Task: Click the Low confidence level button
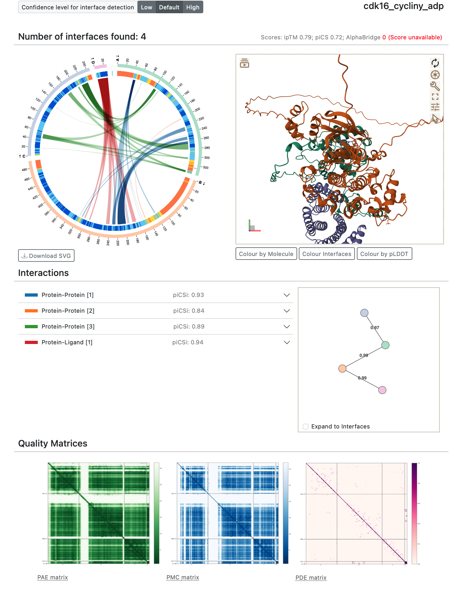pos(146,7)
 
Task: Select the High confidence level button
pos(193,7)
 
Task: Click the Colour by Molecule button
pos(266,254)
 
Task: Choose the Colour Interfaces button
pos(327,254)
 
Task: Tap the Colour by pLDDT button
pos(384,254)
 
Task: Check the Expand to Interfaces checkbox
pos(306,427)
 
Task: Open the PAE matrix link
pos(53,577)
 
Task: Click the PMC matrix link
pos(183,577)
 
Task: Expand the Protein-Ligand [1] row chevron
pos(287,342)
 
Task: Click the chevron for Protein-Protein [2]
pos(287,311)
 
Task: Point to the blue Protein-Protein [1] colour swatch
pos(31,295)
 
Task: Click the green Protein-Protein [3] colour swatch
pos(31,327)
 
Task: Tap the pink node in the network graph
pos(382,390)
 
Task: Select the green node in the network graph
pos(385,345)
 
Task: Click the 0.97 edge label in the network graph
pos(375,328)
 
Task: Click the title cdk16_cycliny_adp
pos(403,6)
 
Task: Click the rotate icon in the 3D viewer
pos(435,63)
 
